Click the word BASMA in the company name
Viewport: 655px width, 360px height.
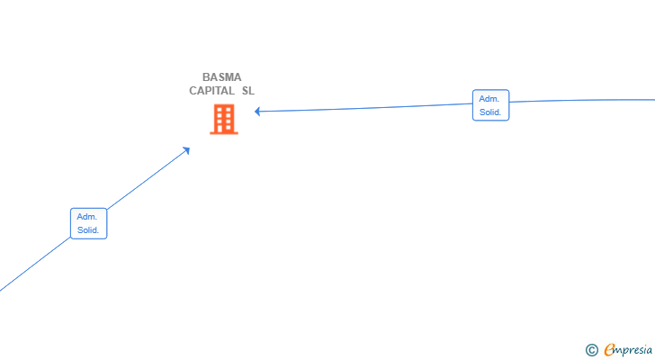coord(222,77)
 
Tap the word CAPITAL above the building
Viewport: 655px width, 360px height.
coord(211,91)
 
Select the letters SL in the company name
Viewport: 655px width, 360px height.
coord(248,91)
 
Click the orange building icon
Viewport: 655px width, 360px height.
coord(224,119)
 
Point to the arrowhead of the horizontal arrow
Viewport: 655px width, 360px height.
coord(257,111)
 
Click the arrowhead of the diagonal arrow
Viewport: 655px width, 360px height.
coord(186,150)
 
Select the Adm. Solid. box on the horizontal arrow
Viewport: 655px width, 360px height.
coord(491,105)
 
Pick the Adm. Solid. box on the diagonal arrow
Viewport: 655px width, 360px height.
coord(88,223)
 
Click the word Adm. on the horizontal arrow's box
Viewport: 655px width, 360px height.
coord(489,99)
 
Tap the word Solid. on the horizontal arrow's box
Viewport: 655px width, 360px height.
coord(490,112)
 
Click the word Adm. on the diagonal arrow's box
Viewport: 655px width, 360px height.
coord(87,217)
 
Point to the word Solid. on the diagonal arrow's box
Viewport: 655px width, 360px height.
coord(88,230)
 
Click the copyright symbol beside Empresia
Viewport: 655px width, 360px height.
coord(592,350)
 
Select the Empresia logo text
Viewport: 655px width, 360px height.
coord(628,350)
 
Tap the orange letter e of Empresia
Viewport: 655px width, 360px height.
coord(609,349)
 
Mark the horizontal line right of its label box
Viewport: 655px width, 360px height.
coord(582,101)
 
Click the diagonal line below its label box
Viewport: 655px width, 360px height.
coord(35,264)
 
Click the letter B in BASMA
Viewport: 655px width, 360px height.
coord(206,77)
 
